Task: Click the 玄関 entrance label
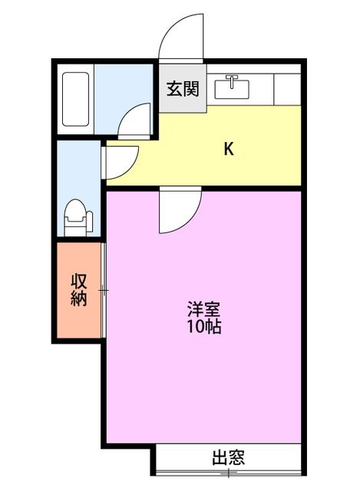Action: [183, 89]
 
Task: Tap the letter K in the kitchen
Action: [229, 149]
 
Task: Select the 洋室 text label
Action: [204, 309]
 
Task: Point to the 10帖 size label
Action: [204, 327]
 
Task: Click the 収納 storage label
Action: [78, 290]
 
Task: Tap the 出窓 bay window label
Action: [229, 457]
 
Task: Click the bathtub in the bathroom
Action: [75, 99]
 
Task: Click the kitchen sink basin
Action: [232, 90]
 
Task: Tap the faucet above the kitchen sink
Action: [232, 81]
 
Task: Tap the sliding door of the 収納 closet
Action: [104, 290]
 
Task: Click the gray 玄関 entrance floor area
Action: [183, 88]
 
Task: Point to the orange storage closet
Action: [78, 290]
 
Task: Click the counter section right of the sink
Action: [287, 89]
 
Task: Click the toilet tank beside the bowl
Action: [90, 222]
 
